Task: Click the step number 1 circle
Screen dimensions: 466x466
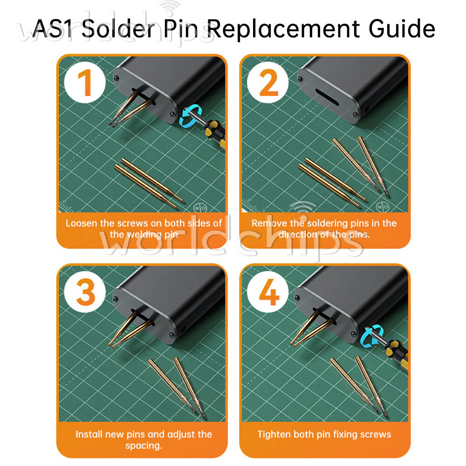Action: (85, 82)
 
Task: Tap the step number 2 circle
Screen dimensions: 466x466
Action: (268, 82)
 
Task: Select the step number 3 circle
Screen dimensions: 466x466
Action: (85, 292)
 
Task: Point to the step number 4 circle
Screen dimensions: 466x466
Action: (268, 292)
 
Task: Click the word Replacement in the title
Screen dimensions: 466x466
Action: (283, 29)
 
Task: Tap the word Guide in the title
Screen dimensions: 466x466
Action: (402, 28)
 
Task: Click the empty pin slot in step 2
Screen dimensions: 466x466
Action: (327, 97)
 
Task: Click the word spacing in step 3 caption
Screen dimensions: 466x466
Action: (144, 446)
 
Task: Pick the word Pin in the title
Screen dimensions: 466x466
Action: (181, 28)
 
